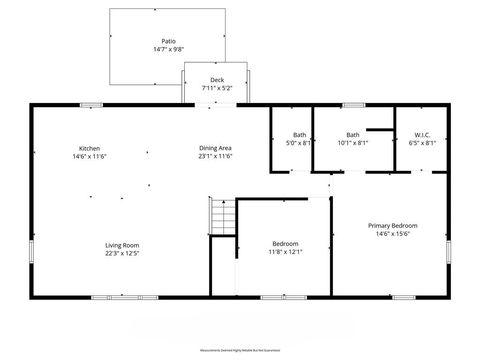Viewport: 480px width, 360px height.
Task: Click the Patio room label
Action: [x=169, y=41]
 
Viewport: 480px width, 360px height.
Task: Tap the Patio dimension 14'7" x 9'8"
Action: [x=169, y=49]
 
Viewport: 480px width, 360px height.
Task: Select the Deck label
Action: [x=216, y=80]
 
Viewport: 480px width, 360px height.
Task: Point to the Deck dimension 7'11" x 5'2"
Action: [x=216, y=88]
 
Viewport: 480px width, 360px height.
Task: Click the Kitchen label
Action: [x=90, y=148]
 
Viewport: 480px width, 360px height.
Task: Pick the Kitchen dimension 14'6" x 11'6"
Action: [x=90, y=156]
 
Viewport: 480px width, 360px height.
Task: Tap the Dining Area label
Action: [x=215, y=148]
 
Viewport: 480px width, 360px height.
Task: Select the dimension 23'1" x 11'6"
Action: [x=215, y=156]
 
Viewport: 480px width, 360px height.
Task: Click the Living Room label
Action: [x=123, y=245]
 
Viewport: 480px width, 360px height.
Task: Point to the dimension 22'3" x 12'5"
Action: [x=123, y=253]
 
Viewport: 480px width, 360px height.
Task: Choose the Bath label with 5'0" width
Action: [x=300, y=135]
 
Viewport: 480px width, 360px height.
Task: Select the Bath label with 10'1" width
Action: [x=352, y=135]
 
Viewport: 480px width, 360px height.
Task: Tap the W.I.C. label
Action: [x=423, y=135]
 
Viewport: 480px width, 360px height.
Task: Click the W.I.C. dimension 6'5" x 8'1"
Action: [x=423, y=143]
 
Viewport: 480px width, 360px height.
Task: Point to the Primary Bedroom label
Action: [x=392, y=226]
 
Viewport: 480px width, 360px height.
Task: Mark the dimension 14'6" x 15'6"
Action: [x=392, y=234]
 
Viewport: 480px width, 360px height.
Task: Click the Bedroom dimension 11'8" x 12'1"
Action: [x=285, y=253]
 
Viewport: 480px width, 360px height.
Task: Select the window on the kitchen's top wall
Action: [x=91, y=104]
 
